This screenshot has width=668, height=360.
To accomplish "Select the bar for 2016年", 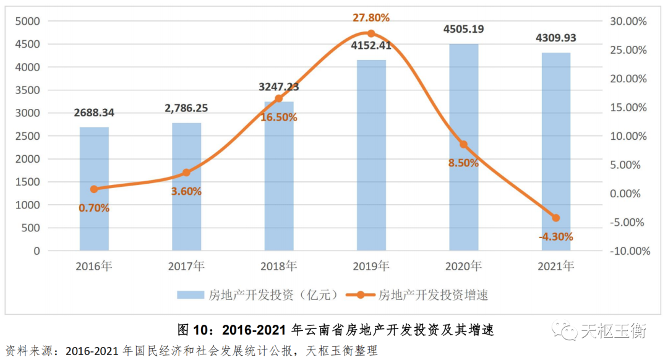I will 94,189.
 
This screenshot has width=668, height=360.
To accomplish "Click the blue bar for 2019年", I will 371,155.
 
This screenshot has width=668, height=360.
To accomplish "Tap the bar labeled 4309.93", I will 555,152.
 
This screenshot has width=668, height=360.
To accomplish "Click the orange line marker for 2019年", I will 371,33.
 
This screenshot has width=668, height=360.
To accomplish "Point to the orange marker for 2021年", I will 555,218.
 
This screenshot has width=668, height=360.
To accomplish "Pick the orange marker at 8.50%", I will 463,144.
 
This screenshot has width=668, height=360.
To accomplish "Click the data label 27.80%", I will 371,17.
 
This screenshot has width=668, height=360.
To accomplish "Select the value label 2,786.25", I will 186,108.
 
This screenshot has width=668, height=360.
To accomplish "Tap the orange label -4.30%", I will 555,236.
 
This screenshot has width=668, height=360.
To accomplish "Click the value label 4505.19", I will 463,28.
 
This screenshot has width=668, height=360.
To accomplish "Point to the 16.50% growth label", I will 278,117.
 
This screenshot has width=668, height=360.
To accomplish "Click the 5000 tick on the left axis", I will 28,22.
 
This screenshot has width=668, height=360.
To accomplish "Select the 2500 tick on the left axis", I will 28,136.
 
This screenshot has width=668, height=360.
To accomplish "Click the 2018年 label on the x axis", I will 278,267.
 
